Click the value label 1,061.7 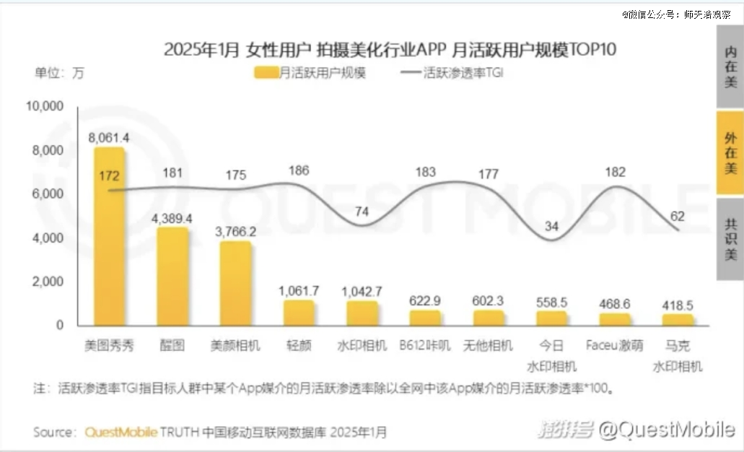point(298,290)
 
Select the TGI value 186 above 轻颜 point(298,170)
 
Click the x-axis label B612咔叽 point(425,345)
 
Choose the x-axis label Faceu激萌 point(614,345)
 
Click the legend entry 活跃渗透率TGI point(452,73)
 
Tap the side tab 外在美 point(730,153)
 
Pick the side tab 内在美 point(730,66)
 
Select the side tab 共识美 point(730,239)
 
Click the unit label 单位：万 point(60,72)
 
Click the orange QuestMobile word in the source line point(120,432)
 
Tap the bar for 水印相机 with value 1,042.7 point(362,313)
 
